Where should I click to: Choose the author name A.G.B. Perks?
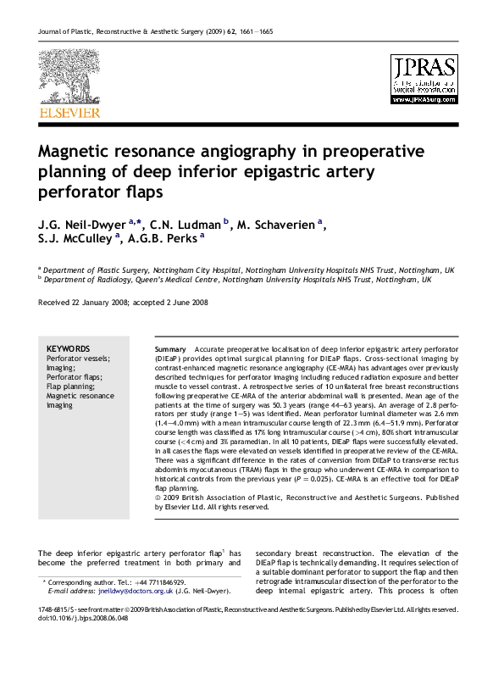pos(161,241)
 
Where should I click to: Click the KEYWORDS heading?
pos(68,348)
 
